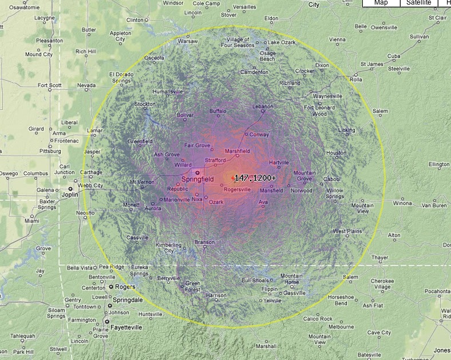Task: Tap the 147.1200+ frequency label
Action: click(255, 178)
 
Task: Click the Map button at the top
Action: click(381, 3)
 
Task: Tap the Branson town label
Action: click(204, 242)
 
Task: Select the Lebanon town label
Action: click(263, 107)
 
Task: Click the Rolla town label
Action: click(355, 80)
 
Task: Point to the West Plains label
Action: click(347, 231)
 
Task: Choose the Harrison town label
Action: click(216, 295)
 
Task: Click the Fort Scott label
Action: click(50, 85)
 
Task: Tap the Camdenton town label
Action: click(254, 72)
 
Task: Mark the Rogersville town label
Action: click(237, 189)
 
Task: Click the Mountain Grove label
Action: click(304, 176)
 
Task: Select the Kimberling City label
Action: click(169, 248)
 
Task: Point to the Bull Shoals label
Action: click(255, 280)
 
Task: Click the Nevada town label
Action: click(86, 85)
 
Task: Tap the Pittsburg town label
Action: click(50, 151)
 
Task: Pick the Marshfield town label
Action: click(238, 151)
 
